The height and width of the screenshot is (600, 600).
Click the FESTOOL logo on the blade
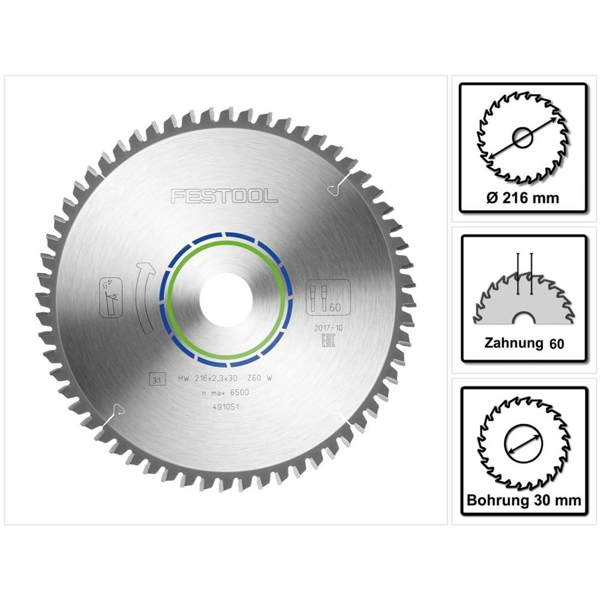pyautogui.click(x=223, y=196)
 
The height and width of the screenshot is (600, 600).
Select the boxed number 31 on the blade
pyautogui.click(x=157, y=379)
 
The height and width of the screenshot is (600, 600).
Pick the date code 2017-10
pyautogui.click(x=327, y=328)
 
